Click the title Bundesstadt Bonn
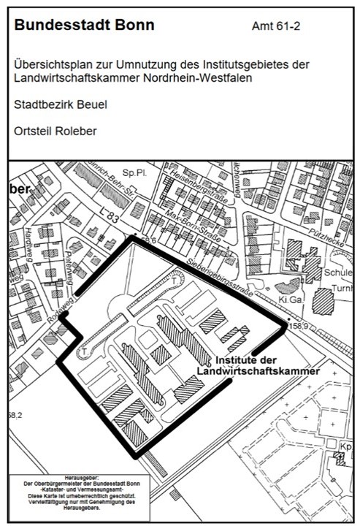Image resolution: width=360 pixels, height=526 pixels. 84,26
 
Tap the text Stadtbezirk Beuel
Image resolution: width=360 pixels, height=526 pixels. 61,104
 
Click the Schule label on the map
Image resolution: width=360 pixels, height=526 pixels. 337,270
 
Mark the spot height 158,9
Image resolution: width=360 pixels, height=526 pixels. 299,323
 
